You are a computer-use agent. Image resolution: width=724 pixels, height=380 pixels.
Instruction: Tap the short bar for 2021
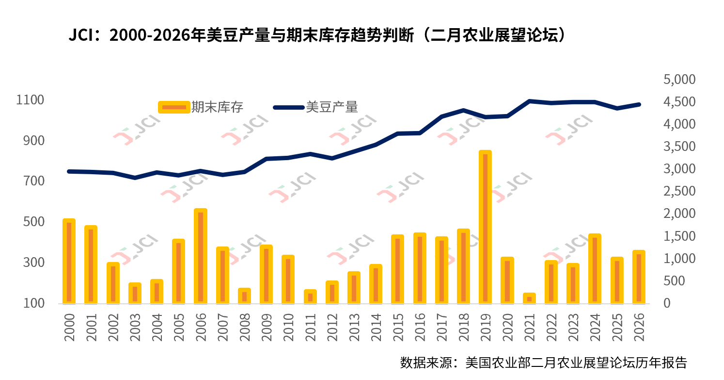(529, 298)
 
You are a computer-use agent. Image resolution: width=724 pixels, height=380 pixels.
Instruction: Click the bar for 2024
(595, 269)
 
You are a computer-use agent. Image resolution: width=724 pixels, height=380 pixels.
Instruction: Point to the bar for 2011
(310, 297)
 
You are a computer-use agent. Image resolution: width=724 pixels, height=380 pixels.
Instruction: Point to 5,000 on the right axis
(678, 79)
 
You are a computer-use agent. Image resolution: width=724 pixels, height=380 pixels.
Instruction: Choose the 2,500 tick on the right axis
(678, 191)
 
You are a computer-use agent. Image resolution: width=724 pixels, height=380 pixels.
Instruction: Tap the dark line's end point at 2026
(639, 104)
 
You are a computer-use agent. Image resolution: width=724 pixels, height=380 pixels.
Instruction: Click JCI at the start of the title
(84, 35)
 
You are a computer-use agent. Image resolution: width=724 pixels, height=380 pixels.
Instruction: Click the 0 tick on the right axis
(668, 303)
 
